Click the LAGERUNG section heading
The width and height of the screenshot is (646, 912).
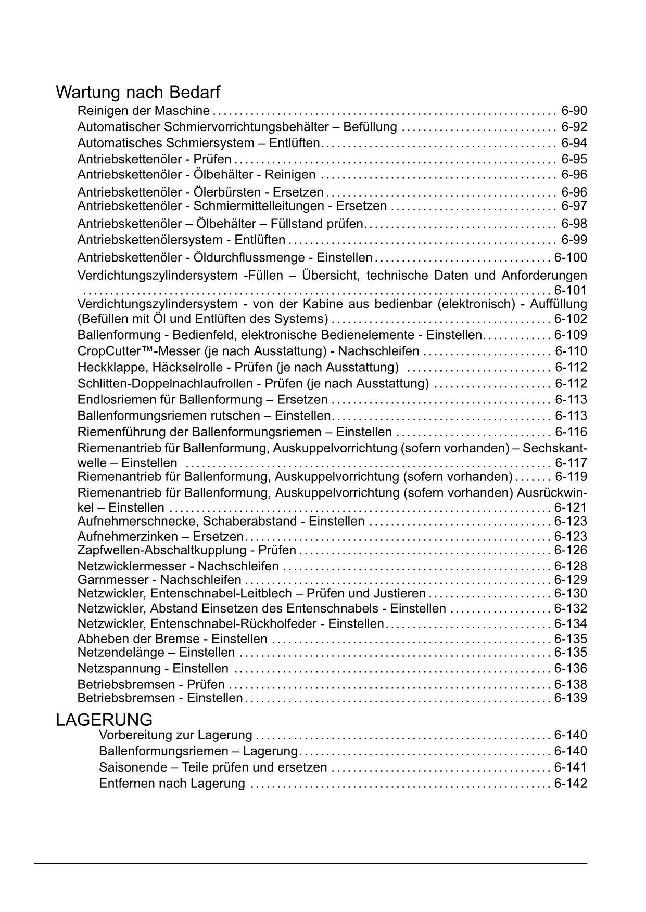(104, 720)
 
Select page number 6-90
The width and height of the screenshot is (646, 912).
(574, 111)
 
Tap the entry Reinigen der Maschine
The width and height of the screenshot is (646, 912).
(143, 111)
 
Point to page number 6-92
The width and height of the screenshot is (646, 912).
(574, 127)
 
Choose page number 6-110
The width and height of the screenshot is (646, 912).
(571, 351)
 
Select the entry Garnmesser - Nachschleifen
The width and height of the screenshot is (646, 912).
(159, 580)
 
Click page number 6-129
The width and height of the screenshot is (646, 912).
(571, 580)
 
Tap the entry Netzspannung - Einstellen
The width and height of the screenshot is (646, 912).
(153, 669)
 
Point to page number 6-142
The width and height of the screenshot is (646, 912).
(571, 784)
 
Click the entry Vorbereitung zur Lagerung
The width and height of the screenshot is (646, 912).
(175, 735)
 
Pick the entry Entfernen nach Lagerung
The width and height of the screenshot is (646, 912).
(172, 784)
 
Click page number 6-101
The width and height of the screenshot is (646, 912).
(571, 290)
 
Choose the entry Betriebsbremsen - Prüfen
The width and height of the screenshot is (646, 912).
(151, 685)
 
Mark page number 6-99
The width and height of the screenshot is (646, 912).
(574, 240)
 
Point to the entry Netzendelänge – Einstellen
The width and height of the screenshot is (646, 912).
(156, 653)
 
